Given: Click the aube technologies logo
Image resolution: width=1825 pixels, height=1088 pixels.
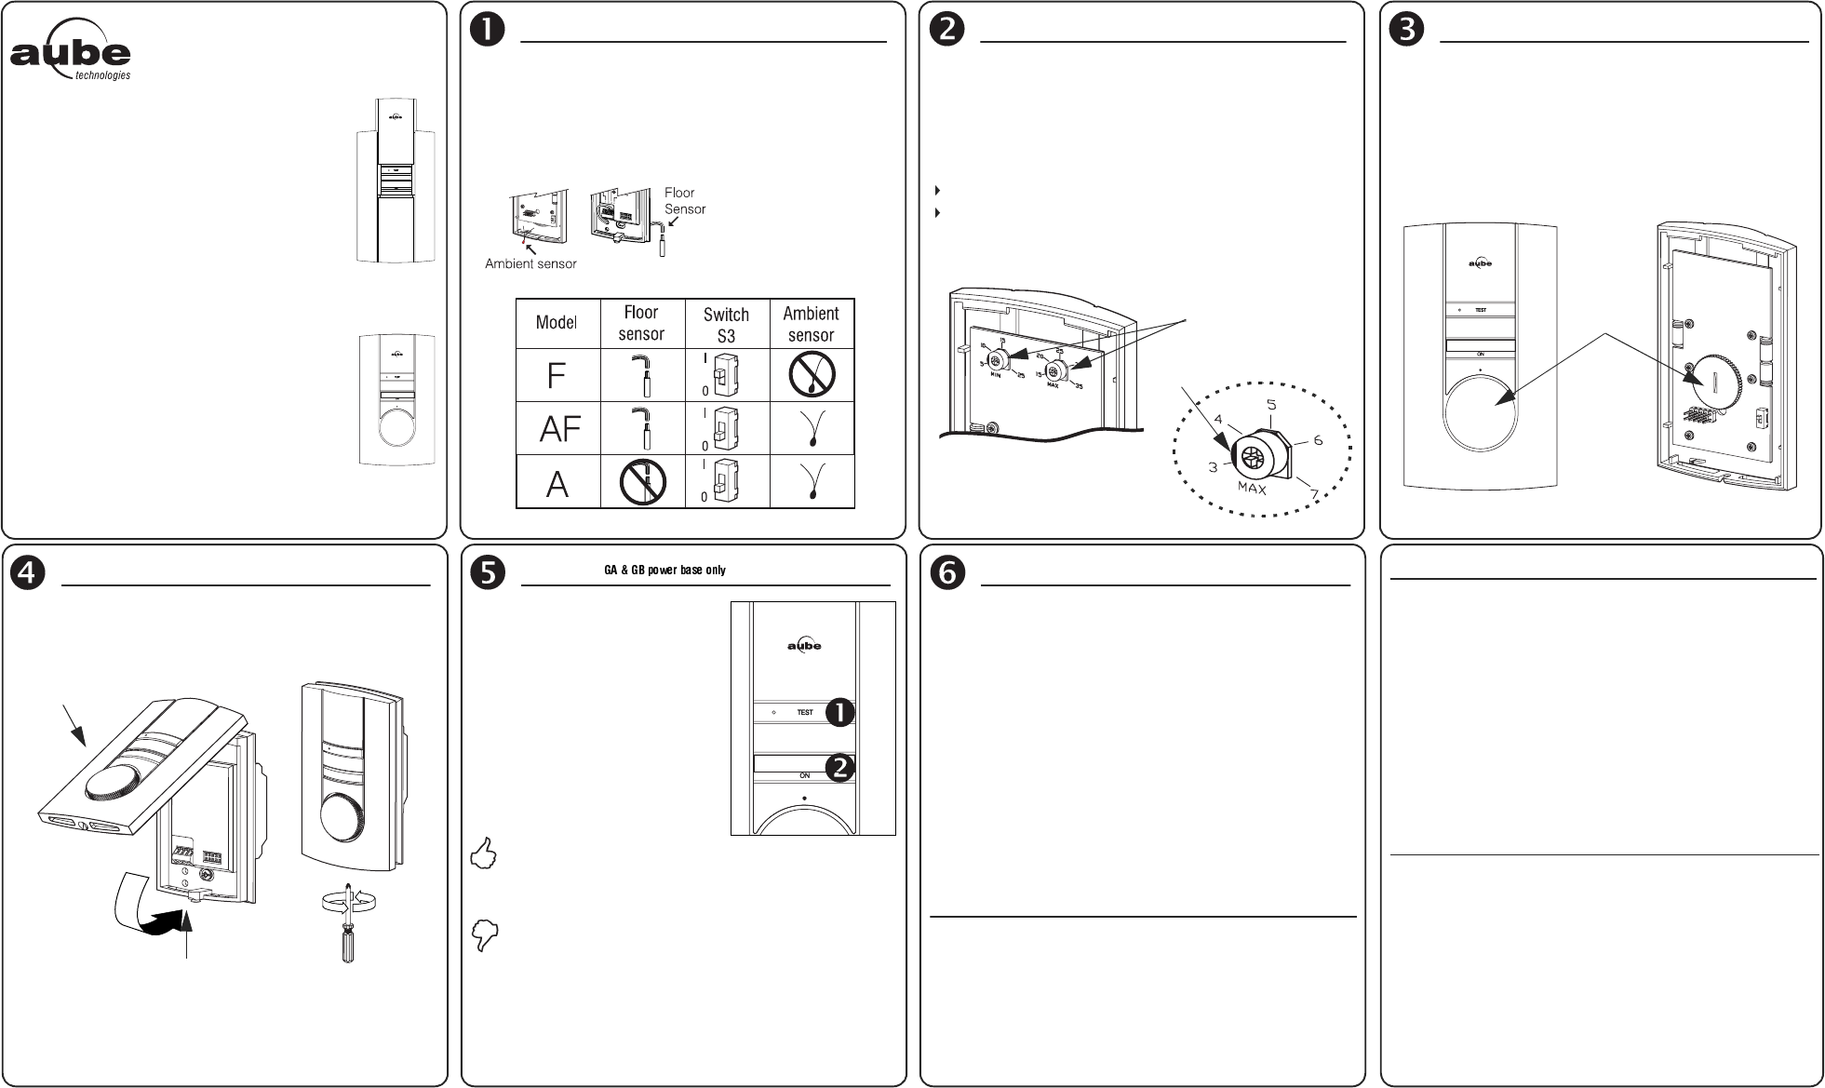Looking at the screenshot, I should (x=71, y=58).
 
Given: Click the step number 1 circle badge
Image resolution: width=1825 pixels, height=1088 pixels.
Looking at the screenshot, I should (x=487, y=30).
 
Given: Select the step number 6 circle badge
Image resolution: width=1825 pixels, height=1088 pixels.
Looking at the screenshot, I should (x=947, y=573).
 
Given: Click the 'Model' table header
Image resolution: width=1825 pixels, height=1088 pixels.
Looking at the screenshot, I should (x=557, y=323).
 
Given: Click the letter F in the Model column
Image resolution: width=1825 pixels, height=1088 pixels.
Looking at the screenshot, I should (x=557, y=376).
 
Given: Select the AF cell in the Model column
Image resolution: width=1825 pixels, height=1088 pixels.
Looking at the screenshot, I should (x=559, y=429).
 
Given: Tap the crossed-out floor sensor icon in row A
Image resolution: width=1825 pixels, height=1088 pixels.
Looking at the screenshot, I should (x=642, y=481).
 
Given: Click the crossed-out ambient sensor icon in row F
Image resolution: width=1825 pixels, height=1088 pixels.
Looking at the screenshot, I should (x=811, y=376).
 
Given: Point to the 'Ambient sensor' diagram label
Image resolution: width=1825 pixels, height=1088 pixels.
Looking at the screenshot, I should (x=530, y=264).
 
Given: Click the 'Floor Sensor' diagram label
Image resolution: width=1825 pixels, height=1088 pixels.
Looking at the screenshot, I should (x=684, y=201).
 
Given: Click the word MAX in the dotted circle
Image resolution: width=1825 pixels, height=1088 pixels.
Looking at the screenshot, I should (x=1252, y=487).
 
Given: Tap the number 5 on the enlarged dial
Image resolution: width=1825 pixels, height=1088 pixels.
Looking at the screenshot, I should (x=1270, y=406).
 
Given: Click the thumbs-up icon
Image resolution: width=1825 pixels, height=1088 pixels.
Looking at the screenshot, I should (x=485, y=853).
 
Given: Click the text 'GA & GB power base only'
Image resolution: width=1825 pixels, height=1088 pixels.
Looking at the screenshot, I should (x=664, y=570).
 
